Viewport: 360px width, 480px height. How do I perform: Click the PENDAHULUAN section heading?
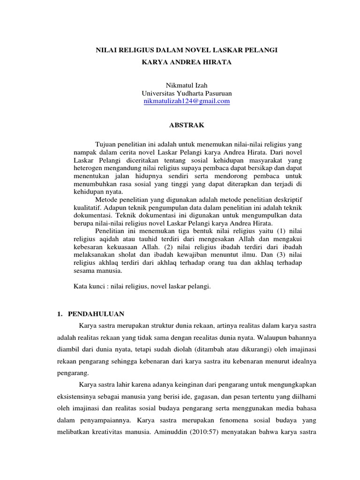(x=96, y=314)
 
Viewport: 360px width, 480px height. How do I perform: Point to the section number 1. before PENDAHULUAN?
(x=60, y=314)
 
